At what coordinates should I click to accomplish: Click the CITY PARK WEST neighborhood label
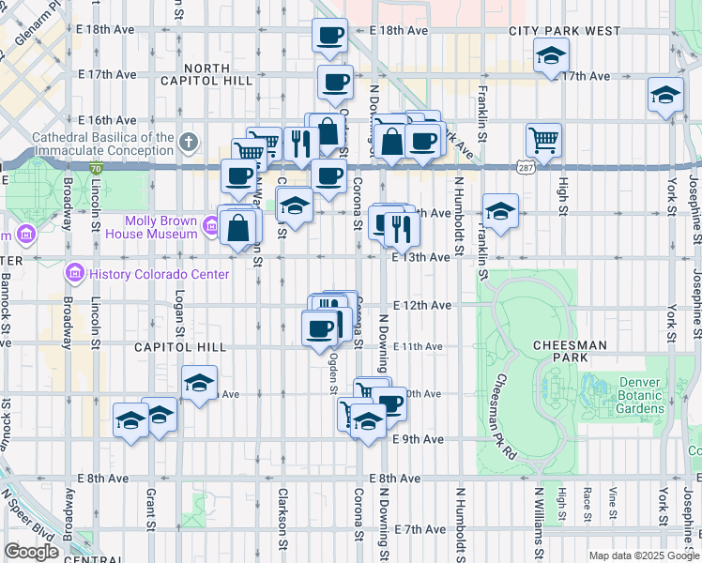(565, 31)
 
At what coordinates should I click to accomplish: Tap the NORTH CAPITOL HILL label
(220, 74)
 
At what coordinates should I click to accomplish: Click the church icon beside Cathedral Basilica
(189, 143)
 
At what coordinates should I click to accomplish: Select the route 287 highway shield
(525, 166)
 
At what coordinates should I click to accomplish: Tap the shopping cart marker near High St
(543, 141)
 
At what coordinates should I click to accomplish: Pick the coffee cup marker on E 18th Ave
(329, 37)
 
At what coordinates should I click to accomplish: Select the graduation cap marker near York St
(665, 95)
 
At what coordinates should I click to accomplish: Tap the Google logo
(31, 552)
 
